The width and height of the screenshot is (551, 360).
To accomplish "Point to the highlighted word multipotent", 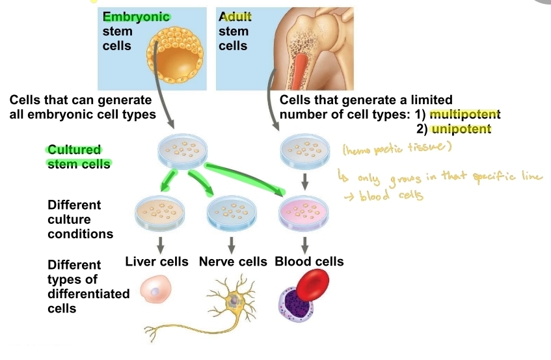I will (464, 115).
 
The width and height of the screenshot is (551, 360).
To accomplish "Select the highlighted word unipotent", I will (461, 129).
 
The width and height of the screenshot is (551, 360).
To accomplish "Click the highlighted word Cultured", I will (74, 150).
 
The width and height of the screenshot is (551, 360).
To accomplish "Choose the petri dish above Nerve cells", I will (231, 212).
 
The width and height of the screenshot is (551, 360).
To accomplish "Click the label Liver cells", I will (157, 262).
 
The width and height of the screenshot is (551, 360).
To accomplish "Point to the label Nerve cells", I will (233, 262).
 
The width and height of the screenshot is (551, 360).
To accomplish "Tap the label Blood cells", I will (309, 262).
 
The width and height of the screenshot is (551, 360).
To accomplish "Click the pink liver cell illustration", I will (155, 292).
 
